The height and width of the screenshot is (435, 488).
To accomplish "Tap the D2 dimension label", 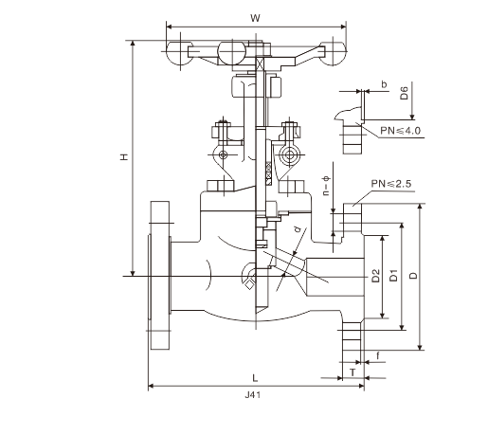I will [x=375, y=277].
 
